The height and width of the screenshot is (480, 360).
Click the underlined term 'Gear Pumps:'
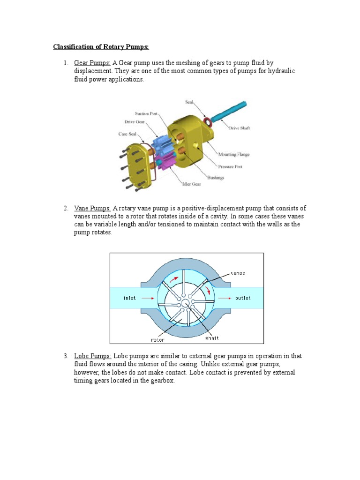pos(92,63)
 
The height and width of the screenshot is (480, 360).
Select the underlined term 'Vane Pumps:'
pos(92,208)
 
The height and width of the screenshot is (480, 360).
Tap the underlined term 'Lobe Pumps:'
pos(92,356)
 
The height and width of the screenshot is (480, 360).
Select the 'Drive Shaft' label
pos(239,128)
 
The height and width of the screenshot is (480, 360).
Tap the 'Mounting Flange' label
pos(233,154)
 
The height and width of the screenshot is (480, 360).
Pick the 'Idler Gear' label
pos(191,184)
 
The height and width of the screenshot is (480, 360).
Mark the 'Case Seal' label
pos(127,134)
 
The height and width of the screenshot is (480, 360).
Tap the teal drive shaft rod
pos(230,112)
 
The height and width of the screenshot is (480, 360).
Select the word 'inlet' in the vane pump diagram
pos(129,298)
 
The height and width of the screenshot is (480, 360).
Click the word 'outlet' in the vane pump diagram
pos(242,298)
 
